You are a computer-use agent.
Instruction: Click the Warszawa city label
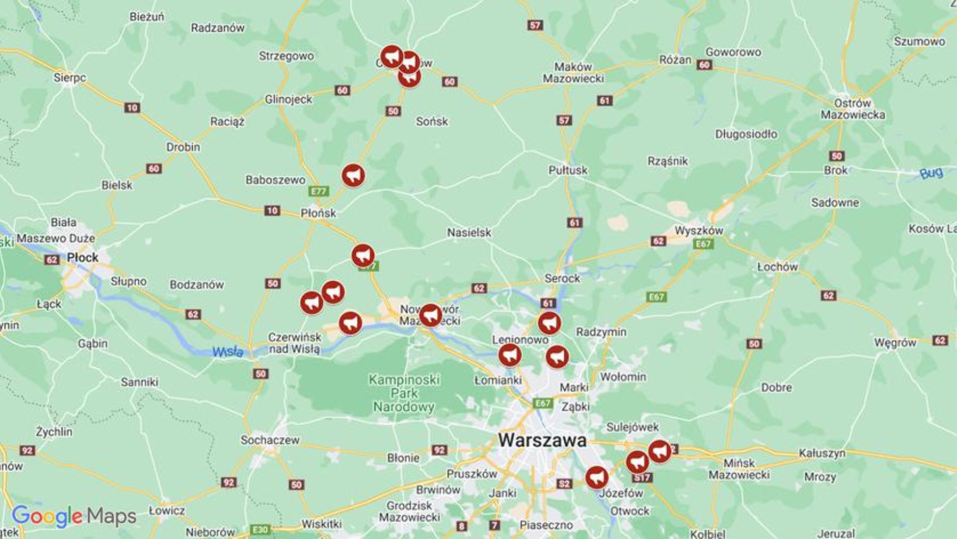pyautogui.click(x=542, y=440)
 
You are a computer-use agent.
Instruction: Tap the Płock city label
pyautogui.click(x=82, y=257)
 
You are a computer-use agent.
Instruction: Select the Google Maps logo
pyautogui.click(x=74, y=516)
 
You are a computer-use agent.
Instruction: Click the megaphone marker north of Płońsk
pyautogui.click(x=353, y=175)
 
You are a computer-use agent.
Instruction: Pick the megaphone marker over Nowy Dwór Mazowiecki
pyautogui.click(x=431, y=315)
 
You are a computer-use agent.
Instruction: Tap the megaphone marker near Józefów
pyautogui.click(x=596, y=477)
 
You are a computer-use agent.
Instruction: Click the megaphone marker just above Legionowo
pyautogui.click(x=549, y=323)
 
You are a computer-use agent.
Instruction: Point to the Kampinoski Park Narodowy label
pyautogui.click(x=404, y=393)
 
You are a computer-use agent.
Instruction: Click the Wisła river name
pyautogui.click(x=228, y=352)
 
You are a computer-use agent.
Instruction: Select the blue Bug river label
pyautogui.click(x=931, y=173)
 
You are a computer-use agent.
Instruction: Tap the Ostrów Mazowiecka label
pyautogui.click(x=853, y=109)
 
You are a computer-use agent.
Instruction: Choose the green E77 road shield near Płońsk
pyautogui.click(x=319, y=191)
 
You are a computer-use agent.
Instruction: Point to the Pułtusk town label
pyautogui.click(x=568, y=170)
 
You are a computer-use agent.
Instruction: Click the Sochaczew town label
pyautogui.click(x=270, y=440)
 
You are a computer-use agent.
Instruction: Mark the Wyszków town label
pyautogui.click(x=698, y=230)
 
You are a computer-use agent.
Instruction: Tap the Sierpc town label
pyautogui.click(x=69, y=78)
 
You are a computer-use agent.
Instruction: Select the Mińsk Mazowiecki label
pyautogui.click(x=739, y=469)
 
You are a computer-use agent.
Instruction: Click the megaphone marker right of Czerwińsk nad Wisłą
pyautogui.click(x=350, y=323)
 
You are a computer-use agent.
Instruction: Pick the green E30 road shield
pyautogui.click(x=260, y=530)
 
